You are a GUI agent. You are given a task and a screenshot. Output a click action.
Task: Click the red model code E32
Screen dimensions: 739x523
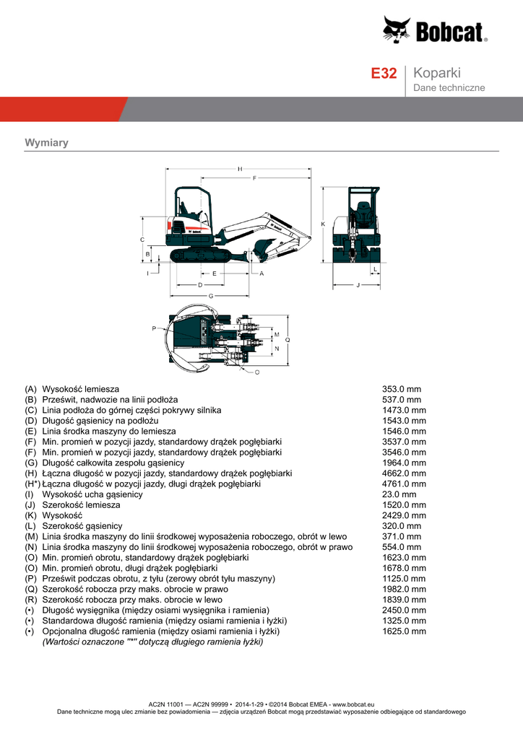[x=384, y=74]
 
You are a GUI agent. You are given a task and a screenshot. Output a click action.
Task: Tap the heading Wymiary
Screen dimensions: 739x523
[x=46, y=142]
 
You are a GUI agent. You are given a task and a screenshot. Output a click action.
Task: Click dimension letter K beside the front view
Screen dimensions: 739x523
[x=323, y=224]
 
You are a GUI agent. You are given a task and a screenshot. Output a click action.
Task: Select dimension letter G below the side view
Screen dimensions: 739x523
[x=210, y=296]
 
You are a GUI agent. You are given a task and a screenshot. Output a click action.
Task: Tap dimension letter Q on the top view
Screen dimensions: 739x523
[x=288, y=339]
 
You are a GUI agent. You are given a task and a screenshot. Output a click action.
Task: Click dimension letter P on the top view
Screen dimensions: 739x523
[x=153, y=328]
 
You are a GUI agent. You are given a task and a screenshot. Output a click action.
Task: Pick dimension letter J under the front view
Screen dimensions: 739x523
[x=358, y=286]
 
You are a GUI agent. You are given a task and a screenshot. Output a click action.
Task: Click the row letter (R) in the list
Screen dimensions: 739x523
[x=30, y=600]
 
